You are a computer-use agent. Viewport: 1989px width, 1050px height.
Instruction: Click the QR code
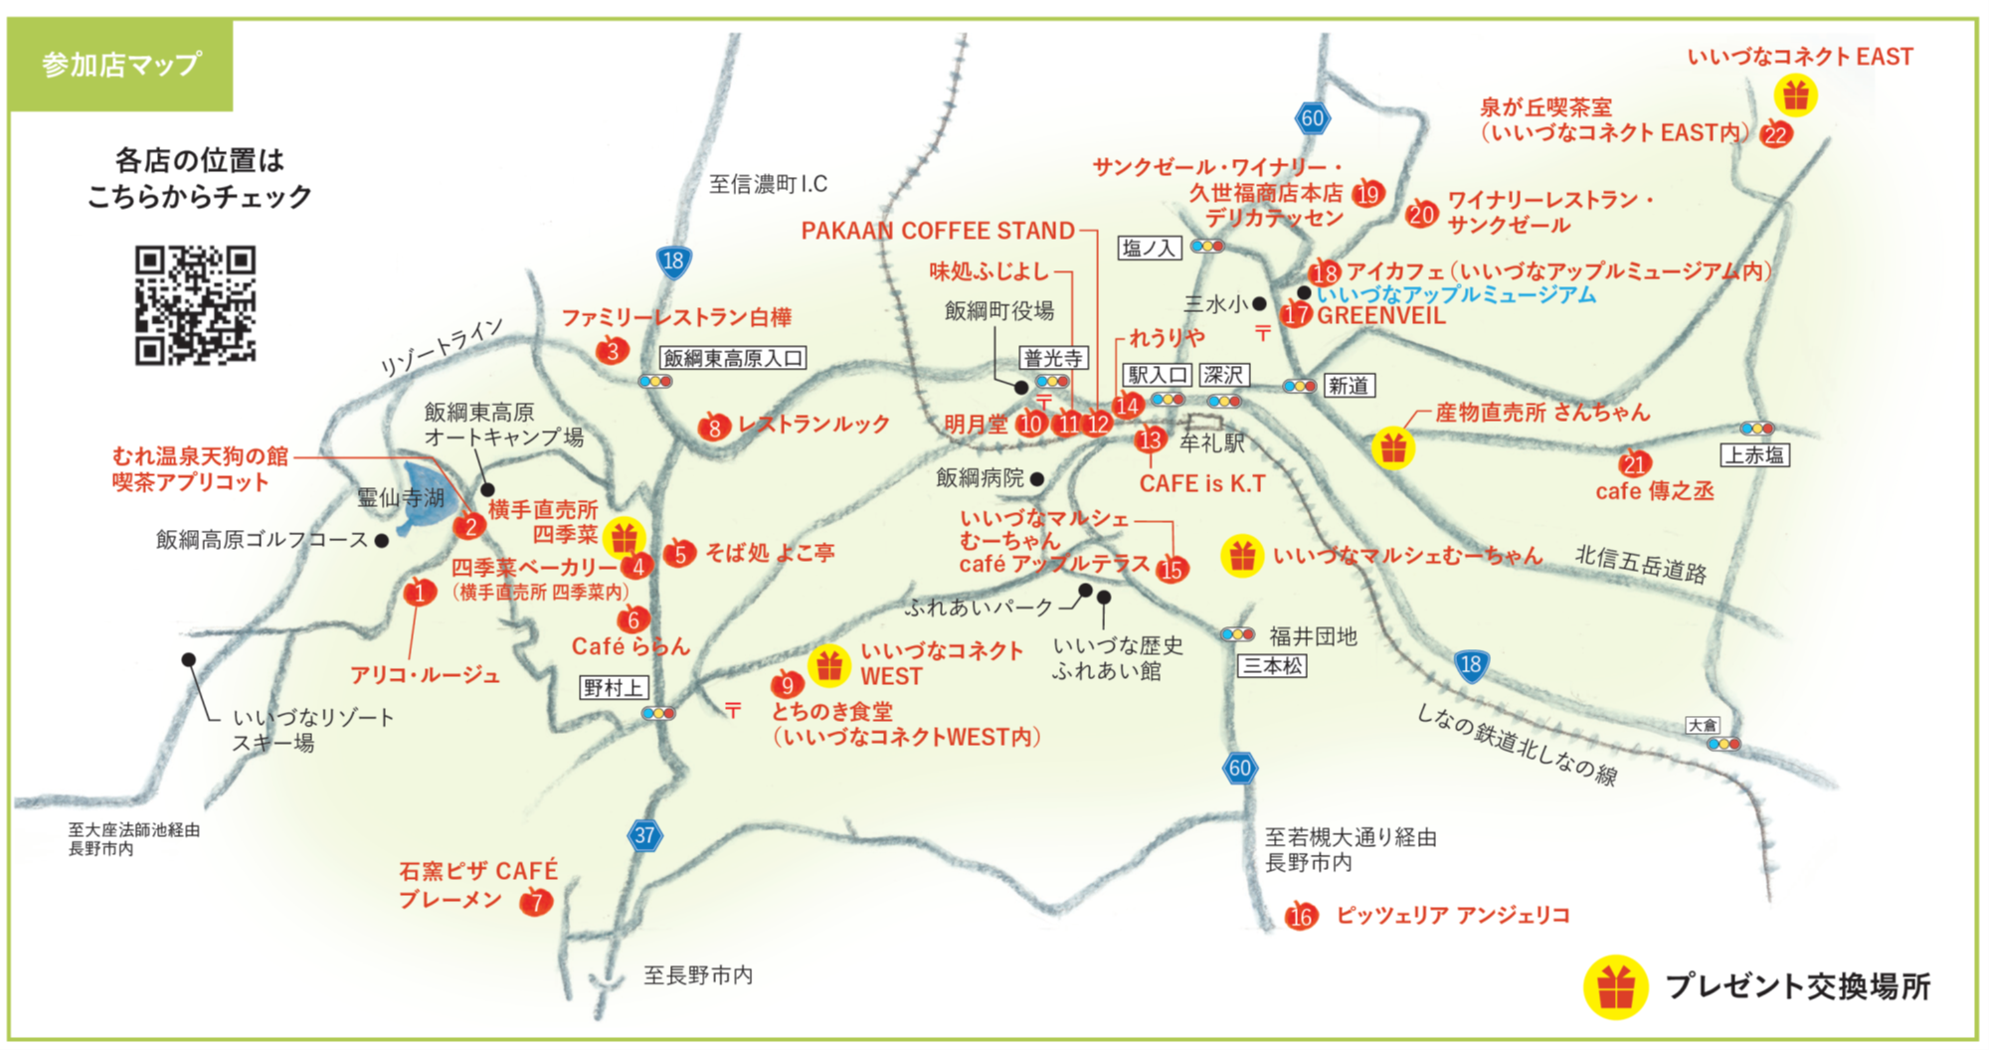point(195,305)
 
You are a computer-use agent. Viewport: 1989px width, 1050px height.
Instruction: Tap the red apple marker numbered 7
point(537,902)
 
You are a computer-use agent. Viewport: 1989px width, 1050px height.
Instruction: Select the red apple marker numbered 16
point(1301,916)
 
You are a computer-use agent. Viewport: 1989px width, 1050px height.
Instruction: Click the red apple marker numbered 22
point(1775,134)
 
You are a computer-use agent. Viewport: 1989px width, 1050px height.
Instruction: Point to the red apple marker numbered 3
point(613,350)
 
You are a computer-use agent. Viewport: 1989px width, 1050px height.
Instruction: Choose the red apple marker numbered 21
point(1635,463)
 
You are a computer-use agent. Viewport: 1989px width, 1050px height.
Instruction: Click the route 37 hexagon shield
point(644,835)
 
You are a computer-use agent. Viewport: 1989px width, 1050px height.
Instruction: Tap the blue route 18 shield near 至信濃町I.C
point(673,262)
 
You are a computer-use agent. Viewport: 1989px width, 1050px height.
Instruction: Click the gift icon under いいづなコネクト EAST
point(1795,95)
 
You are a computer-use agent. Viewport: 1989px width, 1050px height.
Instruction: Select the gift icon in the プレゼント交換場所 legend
point(1615,987)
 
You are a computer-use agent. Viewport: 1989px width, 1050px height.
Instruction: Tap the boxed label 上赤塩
point(1754,455)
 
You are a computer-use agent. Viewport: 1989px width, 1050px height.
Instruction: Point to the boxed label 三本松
point(1272,665)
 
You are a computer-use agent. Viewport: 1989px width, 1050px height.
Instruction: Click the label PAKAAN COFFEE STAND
point(938,231)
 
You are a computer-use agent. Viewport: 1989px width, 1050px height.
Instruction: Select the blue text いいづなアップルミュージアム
point(1456,294)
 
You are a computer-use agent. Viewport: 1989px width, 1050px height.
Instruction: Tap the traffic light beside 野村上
point(658,713)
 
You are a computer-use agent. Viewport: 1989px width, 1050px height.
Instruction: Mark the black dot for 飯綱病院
point(1037,479)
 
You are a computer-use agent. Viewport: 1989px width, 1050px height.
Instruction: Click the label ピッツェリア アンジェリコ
point(1452,915)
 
